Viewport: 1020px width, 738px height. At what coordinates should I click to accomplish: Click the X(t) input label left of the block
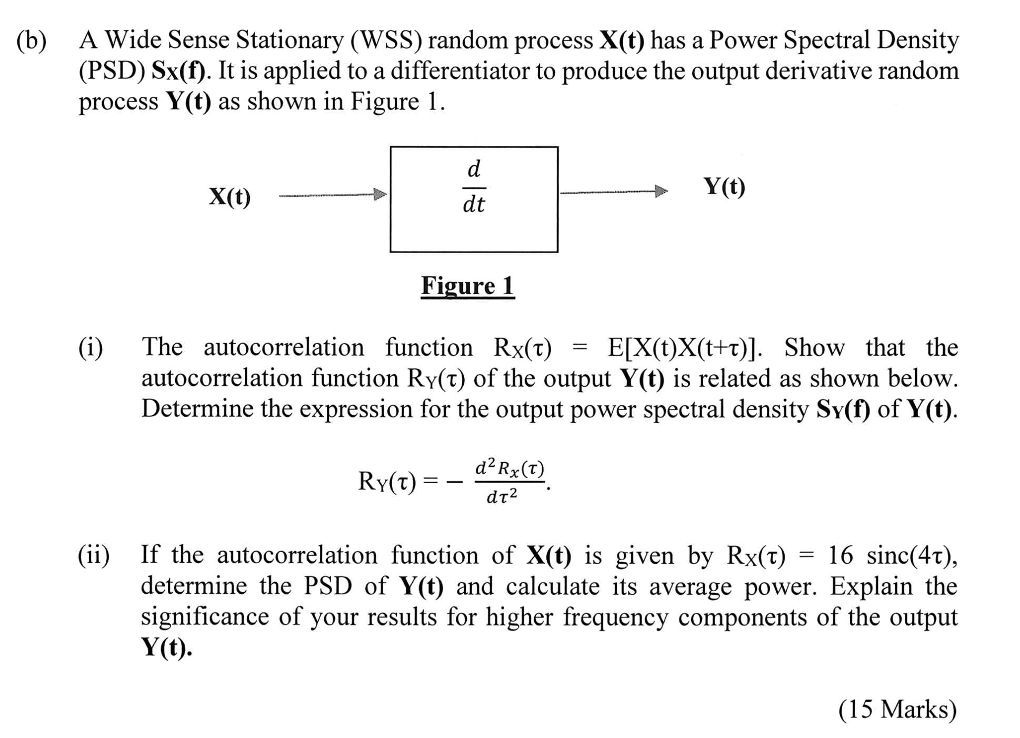(x=230, y=197)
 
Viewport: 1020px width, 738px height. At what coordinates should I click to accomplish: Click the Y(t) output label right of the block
(x=724, y=186)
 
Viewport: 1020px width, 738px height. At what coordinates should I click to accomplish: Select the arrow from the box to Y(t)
(x=613, y=192)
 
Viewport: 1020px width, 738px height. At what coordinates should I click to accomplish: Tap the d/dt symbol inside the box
(x=474, y=186)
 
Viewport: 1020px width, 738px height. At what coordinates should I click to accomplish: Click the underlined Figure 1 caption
(x=467, y=286)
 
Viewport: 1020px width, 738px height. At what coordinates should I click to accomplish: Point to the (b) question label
(x=32, y=41)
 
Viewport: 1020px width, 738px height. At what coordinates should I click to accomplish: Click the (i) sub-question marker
(x=91, y=348)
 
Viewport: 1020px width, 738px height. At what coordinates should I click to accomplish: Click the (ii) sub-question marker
(x=94, y=555)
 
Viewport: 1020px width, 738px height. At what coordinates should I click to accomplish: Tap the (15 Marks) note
(x=897, y=709)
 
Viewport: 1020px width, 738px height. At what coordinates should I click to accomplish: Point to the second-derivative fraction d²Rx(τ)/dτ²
(x=508, y=481)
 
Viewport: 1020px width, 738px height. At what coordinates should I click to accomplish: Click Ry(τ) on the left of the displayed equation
(x=387, y=481)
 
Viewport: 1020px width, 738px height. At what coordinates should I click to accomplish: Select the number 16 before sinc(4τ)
(x=841, y=555)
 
